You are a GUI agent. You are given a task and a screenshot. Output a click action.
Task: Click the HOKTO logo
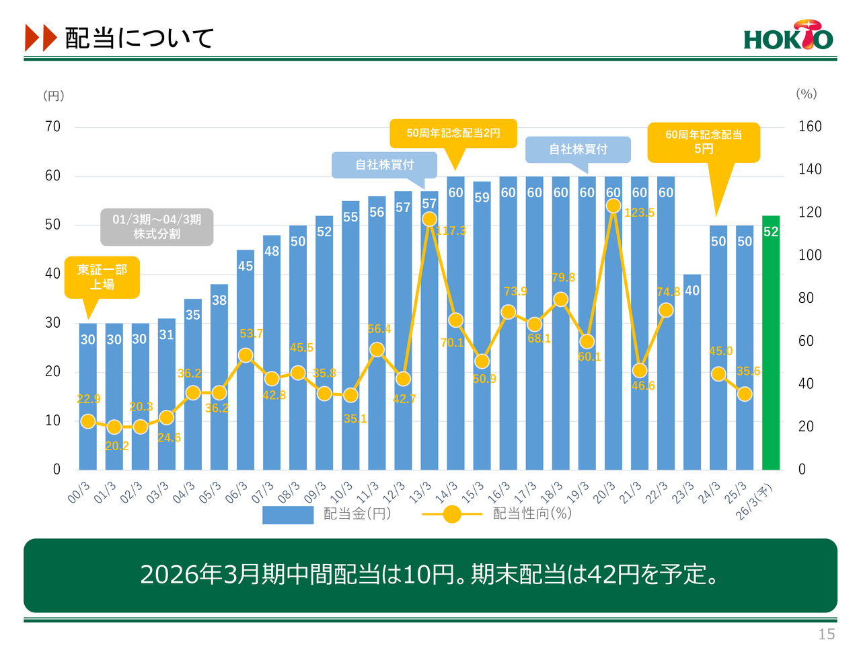(788, 36)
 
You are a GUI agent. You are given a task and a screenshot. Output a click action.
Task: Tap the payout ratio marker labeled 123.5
(613, 206)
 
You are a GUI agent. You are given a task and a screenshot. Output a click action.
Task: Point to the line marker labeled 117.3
(429, 219)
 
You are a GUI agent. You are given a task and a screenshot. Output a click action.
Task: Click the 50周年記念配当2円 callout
(453, 133)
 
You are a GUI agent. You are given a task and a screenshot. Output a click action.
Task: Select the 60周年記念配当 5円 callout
(704, 142)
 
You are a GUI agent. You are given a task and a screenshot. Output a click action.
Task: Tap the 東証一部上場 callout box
(102, 277)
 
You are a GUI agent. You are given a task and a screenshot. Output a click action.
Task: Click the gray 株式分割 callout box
(157, 227)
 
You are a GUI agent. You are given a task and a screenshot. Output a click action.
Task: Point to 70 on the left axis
(52, 127)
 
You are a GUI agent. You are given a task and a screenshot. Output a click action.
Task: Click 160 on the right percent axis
(809, 127)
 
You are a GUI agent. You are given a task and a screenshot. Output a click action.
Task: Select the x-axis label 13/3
(420, 492)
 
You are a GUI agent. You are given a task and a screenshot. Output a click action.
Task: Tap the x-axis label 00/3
(79, 492)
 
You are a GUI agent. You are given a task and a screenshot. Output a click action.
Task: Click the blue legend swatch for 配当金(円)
(288, 515)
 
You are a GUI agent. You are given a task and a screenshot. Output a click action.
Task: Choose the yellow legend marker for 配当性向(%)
(452, 515)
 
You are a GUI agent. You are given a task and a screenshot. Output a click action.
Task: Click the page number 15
(827, 634)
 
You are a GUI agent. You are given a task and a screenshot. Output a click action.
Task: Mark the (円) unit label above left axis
(54, 96)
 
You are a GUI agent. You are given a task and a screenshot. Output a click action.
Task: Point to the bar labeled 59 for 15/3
(482, 323)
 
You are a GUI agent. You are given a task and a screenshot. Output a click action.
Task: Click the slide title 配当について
(139, 38)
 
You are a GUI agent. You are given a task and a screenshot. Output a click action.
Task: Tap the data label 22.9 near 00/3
(88, 399)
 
